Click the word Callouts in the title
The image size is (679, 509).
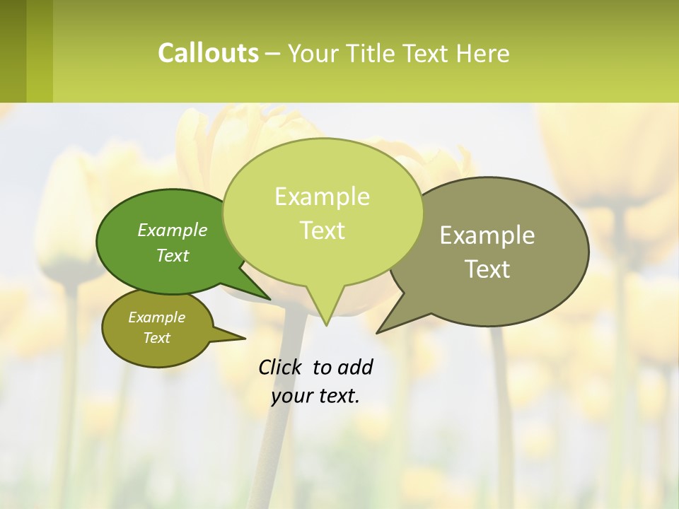(x=208, y=53)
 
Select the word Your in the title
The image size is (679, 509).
(x=313, y=53)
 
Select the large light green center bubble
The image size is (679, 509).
(x=323, y=212)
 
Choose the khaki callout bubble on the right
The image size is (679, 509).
(x=495, y=251)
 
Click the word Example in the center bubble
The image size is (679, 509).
(x=323, y=197)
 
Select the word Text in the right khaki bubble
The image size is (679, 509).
(x=488, y=269)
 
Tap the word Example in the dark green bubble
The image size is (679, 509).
(x=173, y=230)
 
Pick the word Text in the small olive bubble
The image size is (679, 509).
(x=157, y=338)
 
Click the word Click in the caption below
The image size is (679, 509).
(x=280, y=367)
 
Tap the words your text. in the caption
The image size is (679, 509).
(x=315, y=396)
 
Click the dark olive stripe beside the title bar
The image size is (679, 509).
(x=13, y=51)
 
